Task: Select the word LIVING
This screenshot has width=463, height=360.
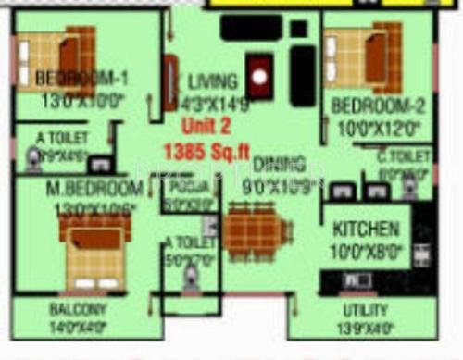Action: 212,81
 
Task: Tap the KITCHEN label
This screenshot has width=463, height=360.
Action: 368,229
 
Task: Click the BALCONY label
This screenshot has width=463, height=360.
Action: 78,309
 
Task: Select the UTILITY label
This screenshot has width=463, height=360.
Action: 365,310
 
